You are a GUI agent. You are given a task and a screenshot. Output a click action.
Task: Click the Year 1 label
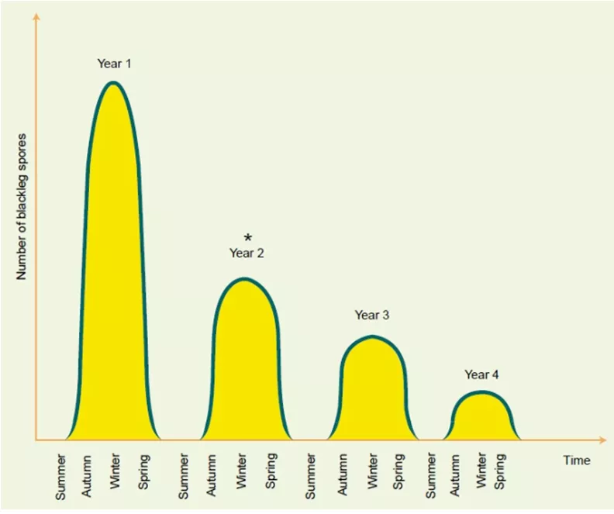pyautogui.click(x=114, y=64)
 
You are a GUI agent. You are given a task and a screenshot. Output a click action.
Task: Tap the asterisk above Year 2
pyautogui.click(x=247, y=238)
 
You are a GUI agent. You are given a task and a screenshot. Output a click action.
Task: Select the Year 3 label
pyautogui.click(x=372, y=315)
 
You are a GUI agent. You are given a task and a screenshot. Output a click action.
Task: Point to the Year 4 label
pyautogui.click(x=481, y=374)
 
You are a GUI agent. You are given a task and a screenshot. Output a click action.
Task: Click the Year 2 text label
pyautogui.click(x=247, y=253)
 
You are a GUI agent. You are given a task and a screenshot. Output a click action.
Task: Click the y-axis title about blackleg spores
pyautogui.click(x=22, y=205)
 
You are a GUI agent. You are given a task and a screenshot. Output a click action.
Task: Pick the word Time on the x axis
pyautogui.click(x=576, y=460)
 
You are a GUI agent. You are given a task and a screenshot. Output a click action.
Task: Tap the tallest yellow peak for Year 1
pyautogui.click(x=114, y=256)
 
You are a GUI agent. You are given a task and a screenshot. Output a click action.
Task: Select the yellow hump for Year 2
pyautogui.click(x=244, y=364)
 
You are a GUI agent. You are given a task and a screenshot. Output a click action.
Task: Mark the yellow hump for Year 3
pyautogui.click(x=372, y=392)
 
